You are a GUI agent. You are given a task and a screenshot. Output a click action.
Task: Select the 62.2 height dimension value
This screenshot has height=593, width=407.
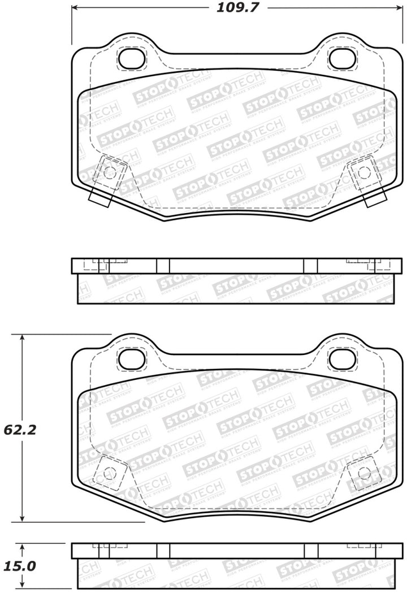coord(21,430)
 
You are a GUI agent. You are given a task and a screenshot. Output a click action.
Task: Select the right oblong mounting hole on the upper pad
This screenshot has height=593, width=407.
coord(340,57)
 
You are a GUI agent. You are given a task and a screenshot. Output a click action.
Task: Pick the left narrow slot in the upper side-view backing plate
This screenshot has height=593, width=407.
coord(163,266)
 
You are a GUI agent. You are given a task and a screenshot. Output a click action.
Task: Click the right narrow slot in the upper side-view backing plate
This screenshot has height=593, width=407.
coord(310,266)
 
